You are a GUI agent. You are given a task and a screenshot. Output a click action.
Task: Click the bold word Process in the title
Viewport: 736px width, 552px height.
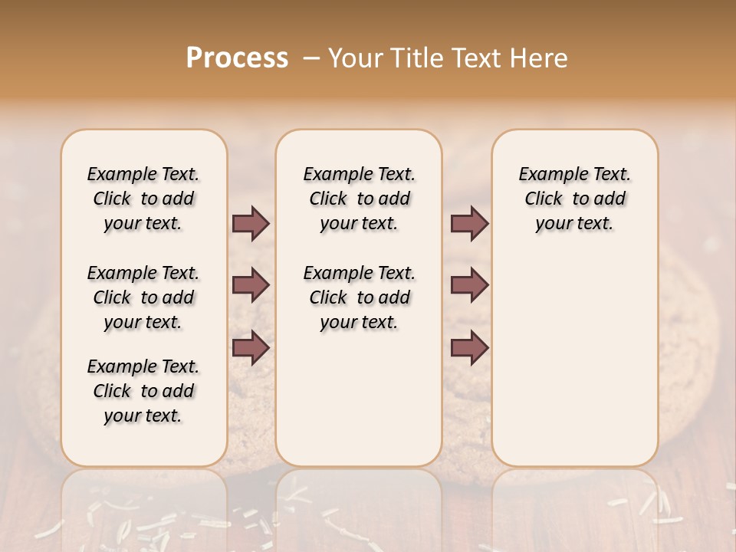237,58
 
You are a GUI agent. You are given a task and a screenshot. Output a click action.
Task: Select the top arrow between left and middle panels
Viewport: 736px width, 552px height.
251,224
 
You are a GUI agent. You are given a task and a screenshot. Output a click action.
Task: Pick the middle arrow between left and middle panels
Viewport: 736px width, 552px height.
251,285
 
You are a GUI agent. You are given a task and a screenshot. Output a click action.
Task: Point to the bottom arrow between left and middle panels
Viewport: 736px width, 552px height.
251,347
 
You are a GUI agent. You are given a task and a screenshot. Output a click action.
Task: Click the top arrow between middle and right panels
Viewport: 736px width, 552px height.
469,224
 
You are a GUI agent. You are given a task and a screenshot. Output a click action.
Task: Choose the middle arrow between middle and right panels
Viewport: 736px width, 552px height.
469,285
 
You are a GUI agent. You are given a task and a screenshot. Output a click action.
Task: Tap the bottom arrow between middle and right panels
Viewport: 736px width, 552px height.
469,347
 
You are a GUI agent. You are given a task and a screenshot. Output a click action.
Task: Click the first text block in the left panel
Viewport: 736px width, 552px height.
143,199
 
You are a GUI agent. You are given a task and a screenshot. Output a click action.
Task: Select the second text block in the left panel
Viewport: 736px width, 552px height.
143,297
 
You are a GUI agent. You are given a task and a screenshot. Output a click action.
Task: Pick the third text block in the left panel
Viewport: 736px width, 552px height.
143,391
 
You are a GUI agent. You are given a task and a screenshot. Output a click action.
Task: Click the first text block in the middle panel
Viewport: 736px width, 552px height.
359,199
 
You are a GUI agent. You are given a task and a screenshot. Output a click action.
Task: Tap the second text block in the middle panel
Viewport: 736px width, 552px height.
359,297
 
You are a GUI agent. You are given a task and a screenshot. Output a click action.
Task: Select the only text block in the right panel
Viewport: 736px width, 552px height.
574,199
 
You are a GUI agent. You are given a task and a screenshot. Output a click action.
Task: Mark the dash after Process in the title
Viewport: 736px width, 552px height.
310,58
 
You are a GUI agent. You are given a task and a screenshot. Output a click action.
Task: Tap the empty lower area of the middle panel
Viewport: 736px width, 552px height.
359,399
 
